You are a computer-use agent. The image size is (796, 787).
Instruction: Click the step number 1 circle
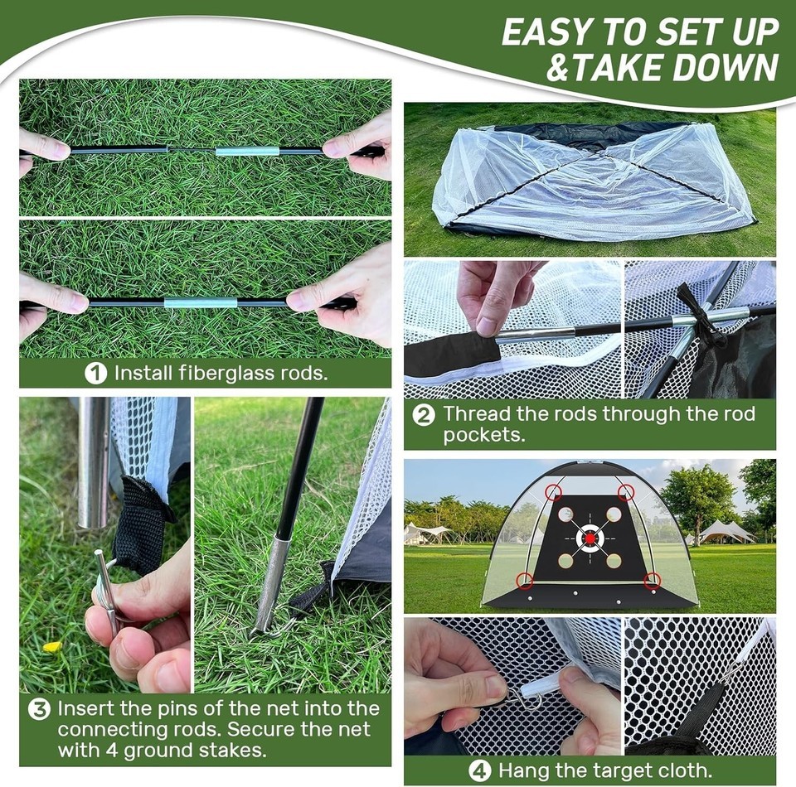tap(95, 374)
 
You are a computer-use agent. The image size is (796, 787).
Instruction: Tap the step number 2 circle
tap(424, 415)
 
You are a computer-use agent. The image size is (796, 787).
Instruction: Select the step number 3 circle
tap(39, 709)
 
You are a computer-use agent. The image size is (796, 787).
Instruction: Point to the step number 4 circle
tap(480, 771)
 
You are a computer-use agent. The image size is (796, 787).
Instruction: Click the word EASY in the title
tap(548, 32)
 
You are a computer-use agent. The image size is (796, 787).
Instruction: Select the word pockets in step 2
tap(483, 435)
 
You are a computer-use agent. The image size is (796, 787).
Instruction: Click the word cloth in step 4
tap(686, 770)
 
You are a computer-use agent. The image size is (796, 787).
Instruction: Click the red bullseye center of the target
tap(590, 537)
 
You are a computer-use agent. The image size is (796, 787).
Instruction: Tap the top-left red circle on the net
tap(553, 491)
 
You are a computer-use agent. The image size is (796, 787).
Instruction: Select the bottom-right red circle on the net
tap(652, 581)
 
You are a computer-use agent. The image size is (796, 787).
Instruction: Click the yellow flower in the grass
tap(52, 647)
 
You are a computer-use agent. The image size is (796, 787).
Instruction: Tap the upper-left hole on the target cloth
tap(565, 514)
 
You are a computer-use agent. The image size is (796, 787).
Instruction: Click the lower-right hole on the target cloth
tap(614, 560)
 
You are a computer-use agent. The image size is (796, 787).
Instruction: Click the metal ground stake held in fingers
tap(106, 587)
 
